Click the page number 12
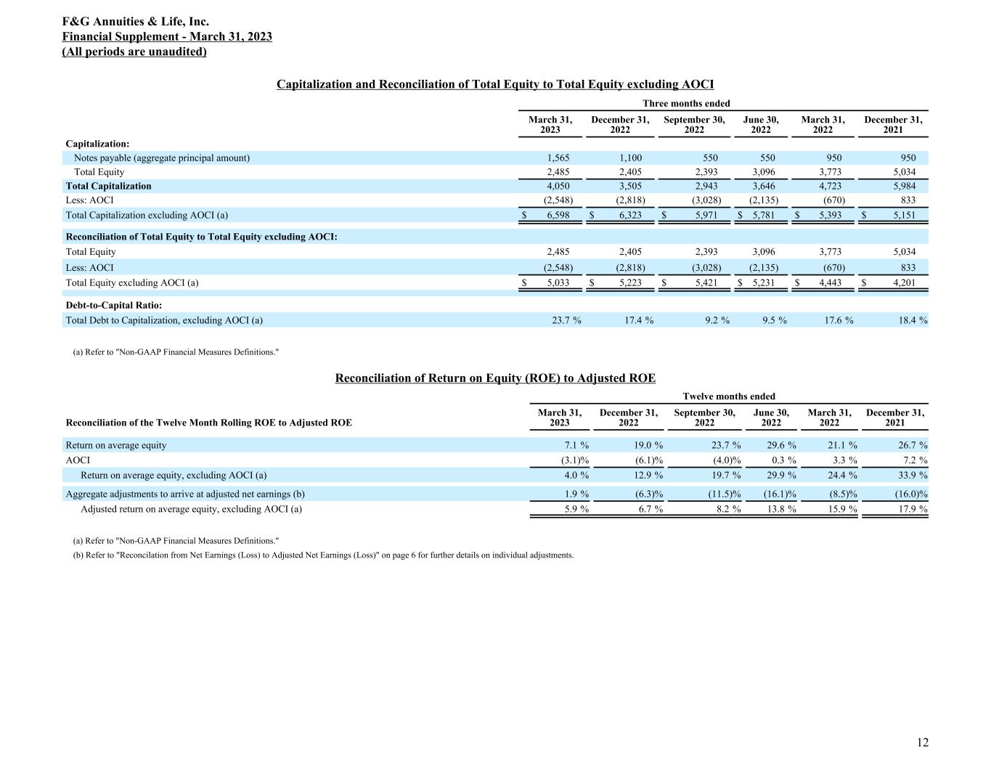922,742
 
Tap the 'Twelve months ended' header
729,396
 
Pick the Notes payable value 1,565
558,158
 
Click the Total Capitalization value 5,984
904,186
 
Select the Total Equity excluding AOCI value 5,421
704,282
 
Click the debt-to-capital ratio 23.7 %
566,320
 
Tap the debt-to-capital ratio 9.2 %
717,320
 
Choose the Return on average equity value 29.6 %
780,445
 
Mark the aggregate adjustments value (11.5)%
722,494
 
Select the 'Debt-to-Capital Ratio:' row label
114,305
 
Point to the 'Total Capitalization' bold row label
109,186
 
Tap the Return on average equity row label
116,445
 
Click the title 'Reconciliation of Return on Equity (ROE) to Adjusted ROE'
495,378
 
